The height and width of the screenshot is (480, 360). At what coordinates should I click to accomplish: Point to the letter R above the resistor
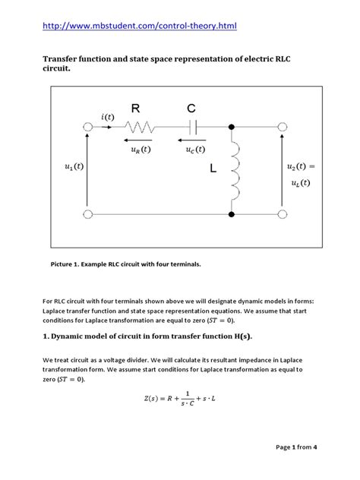tap(137, 109)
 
